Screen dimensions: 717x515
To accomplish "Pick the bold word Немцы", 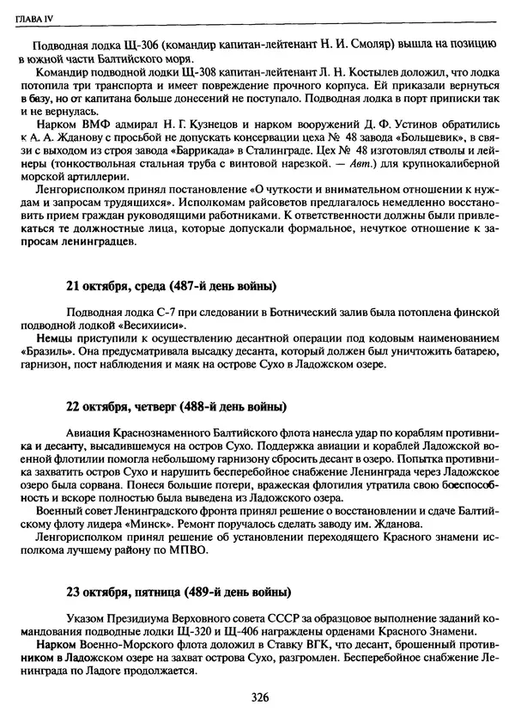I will tap(48, 340).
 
